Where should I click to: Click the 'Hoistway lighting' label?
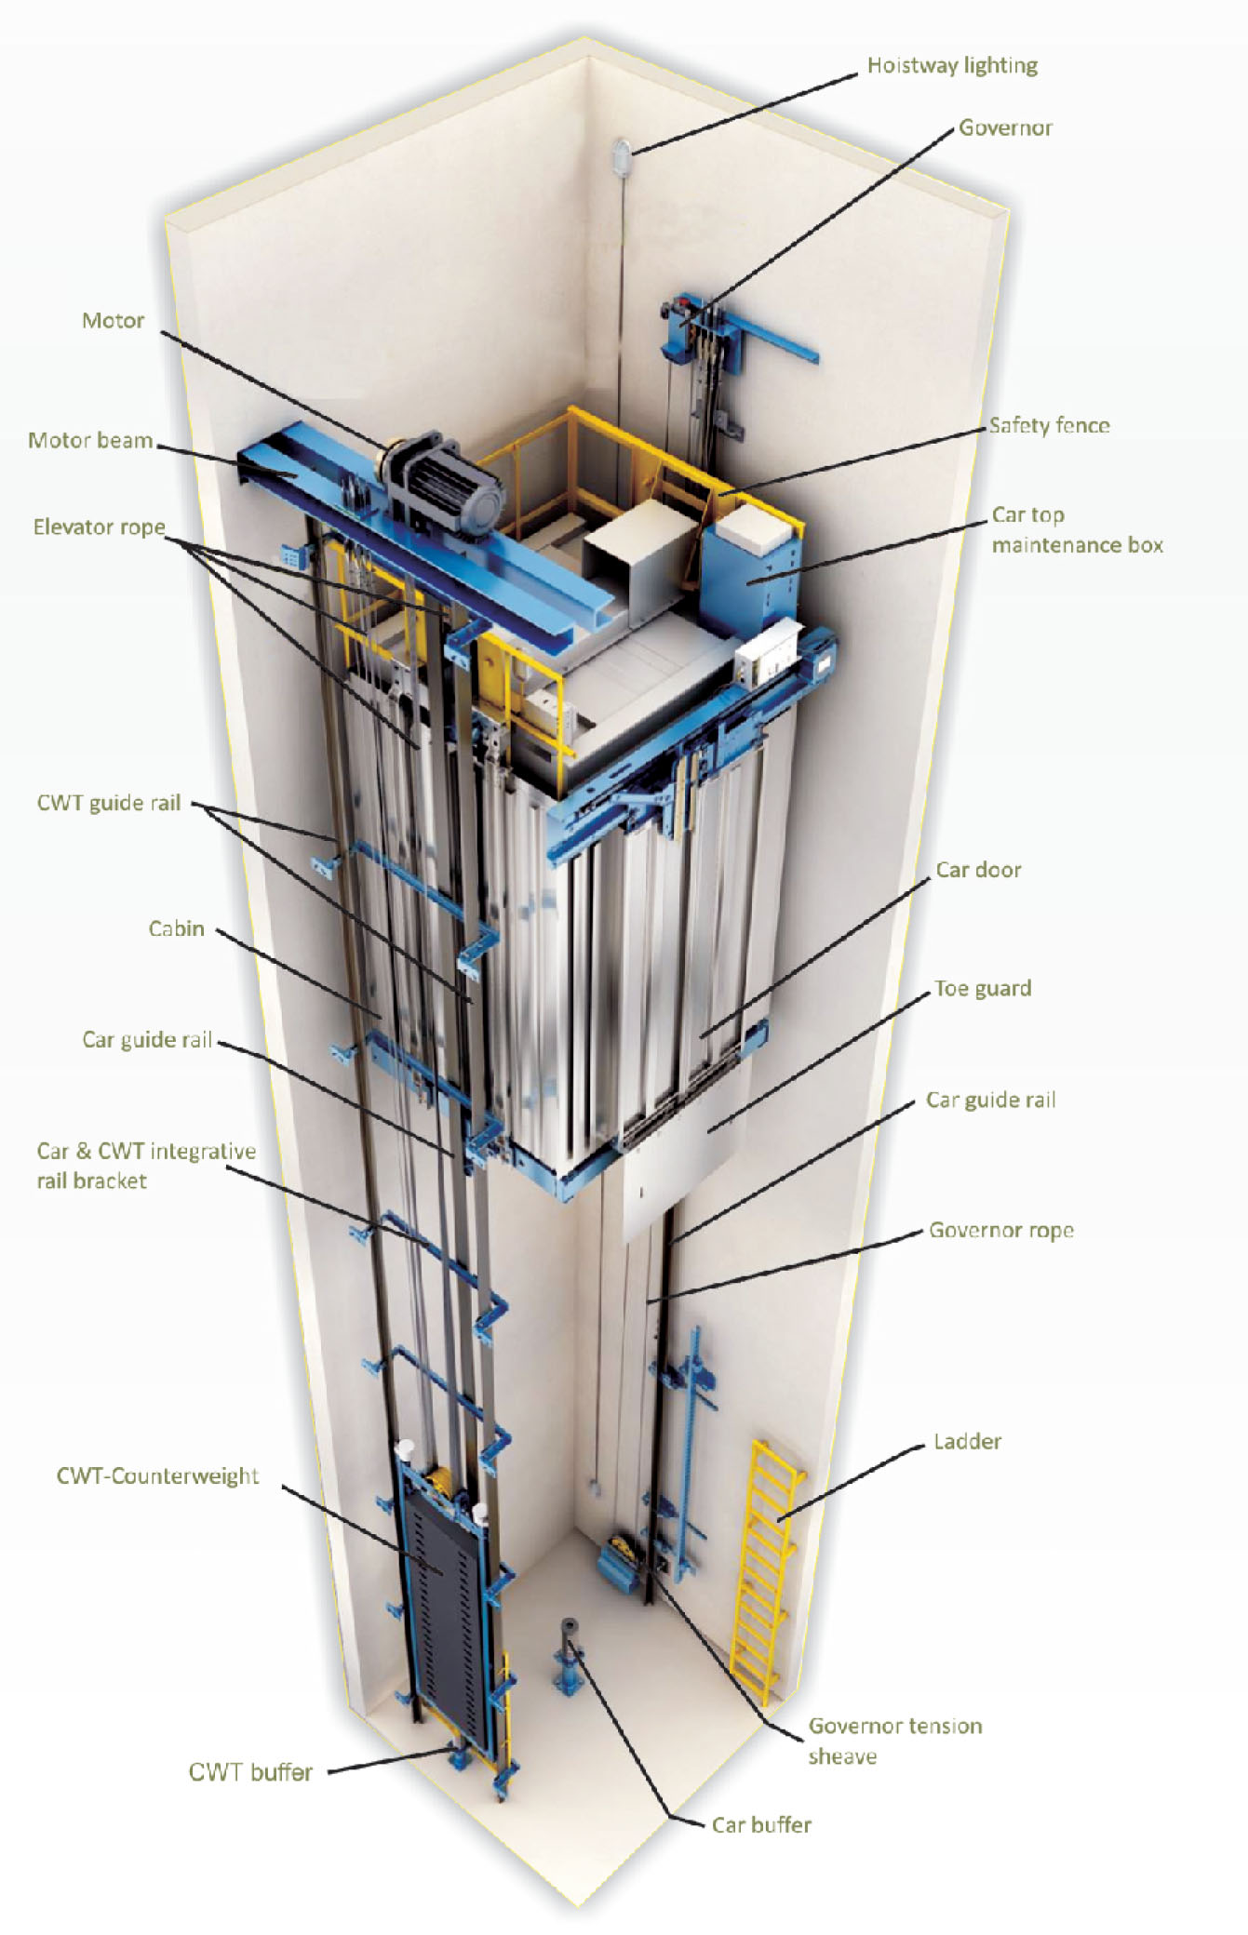tap(951, 65)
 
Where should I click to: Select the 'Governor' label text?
tap(1005, 127)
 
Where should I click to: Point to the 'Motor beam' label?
tap(89, 440)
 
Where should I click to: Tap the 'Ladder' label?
tap(967, 1441)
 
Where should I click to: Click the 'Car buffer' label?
tap(761, 1824)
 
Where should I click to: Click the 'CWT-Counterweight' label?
tap(157, 1475)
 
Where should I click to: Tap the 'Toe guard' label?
tap(983, 988)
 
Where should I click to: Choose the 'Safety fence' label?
tap(1049, 425)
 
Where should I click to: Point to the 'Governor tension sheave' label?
tap(893, 1740)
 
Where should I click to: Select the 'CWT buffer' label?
tap(250, 1771)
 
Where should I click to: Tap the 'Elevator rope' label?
tap(99, 527)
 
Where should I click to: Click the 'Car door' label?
tap(978, 870)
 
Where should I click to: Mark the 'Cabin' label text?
tap(176, 928)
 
